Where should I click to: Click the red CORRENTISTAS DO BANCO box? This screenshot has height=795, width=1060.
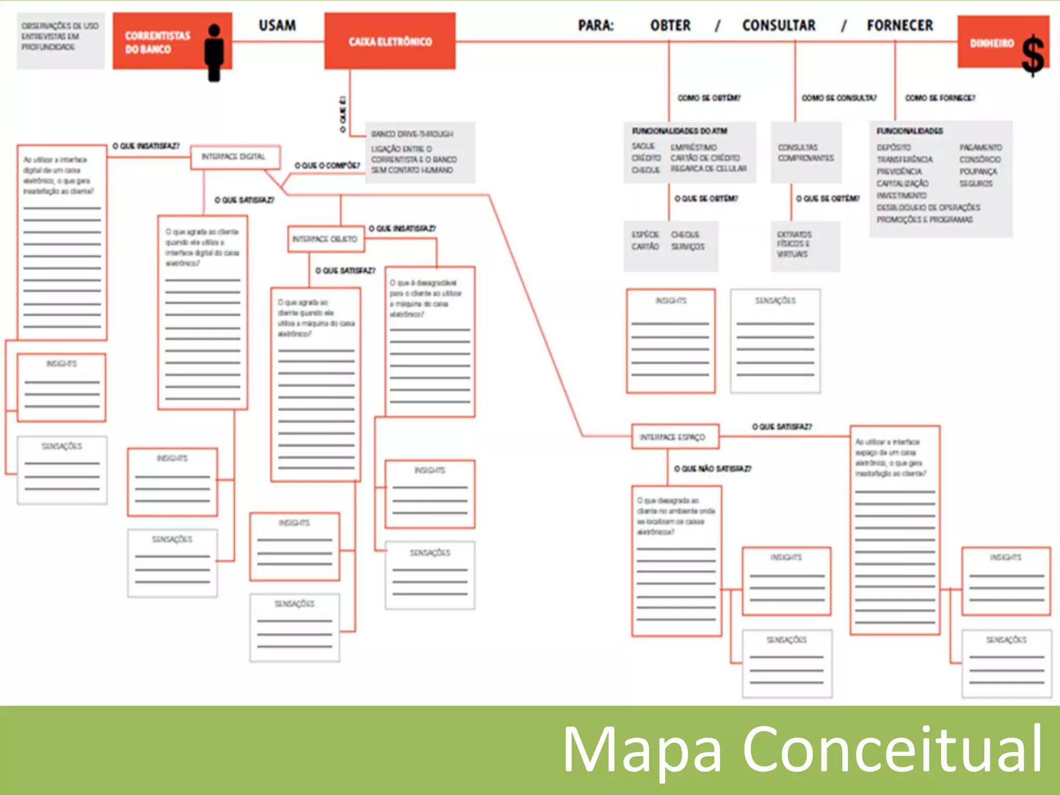click(158, 42)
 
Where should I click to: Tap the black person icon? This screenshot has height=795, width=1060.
click(214, 52)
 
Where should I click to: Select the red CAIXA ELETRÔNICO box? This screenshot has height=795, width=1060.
click(390, 41)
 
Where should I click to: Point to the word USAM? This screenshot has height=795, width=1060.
click(277, 25)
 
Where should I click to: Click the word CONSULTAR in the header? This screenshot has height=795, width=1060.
click(778, 25)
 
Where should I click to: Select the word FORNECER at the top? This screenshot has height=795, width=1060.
click(900, 25)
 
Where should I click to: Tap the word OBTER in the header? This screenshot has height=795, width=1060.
click(670, 25)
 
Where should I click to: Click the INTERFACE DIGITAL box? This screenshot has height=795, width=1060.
click(235, 157)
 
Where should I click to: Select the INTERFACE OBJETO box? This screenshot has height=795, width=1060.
click(326, 239)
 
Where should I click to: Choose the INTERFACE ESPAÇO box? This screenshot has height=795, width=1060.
click(674, 437)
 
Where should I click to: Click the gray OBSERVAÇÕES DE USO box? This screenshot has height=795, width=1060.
click(60, 40)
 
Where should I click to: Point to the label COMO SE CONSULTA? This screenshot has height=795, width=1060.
click(839, 98)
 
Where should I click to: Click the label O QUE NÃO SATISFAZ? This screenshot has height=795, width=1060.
click(712, 468)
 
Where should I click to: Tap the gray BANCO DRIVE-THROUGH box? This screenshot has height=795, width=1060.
click(420, 152)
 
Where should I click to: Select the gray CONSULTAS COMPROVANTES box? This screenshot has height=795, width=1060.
click(805, 153)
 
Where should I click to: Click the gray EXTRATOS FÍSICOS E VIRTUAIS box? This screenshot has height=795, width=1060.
click(804, 245)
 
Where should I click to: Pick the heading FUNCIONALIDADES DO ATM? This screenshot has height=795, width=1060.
click(679, 131)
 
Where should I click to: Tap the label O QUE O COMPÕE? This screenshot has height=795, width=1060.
click(327, 166)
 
